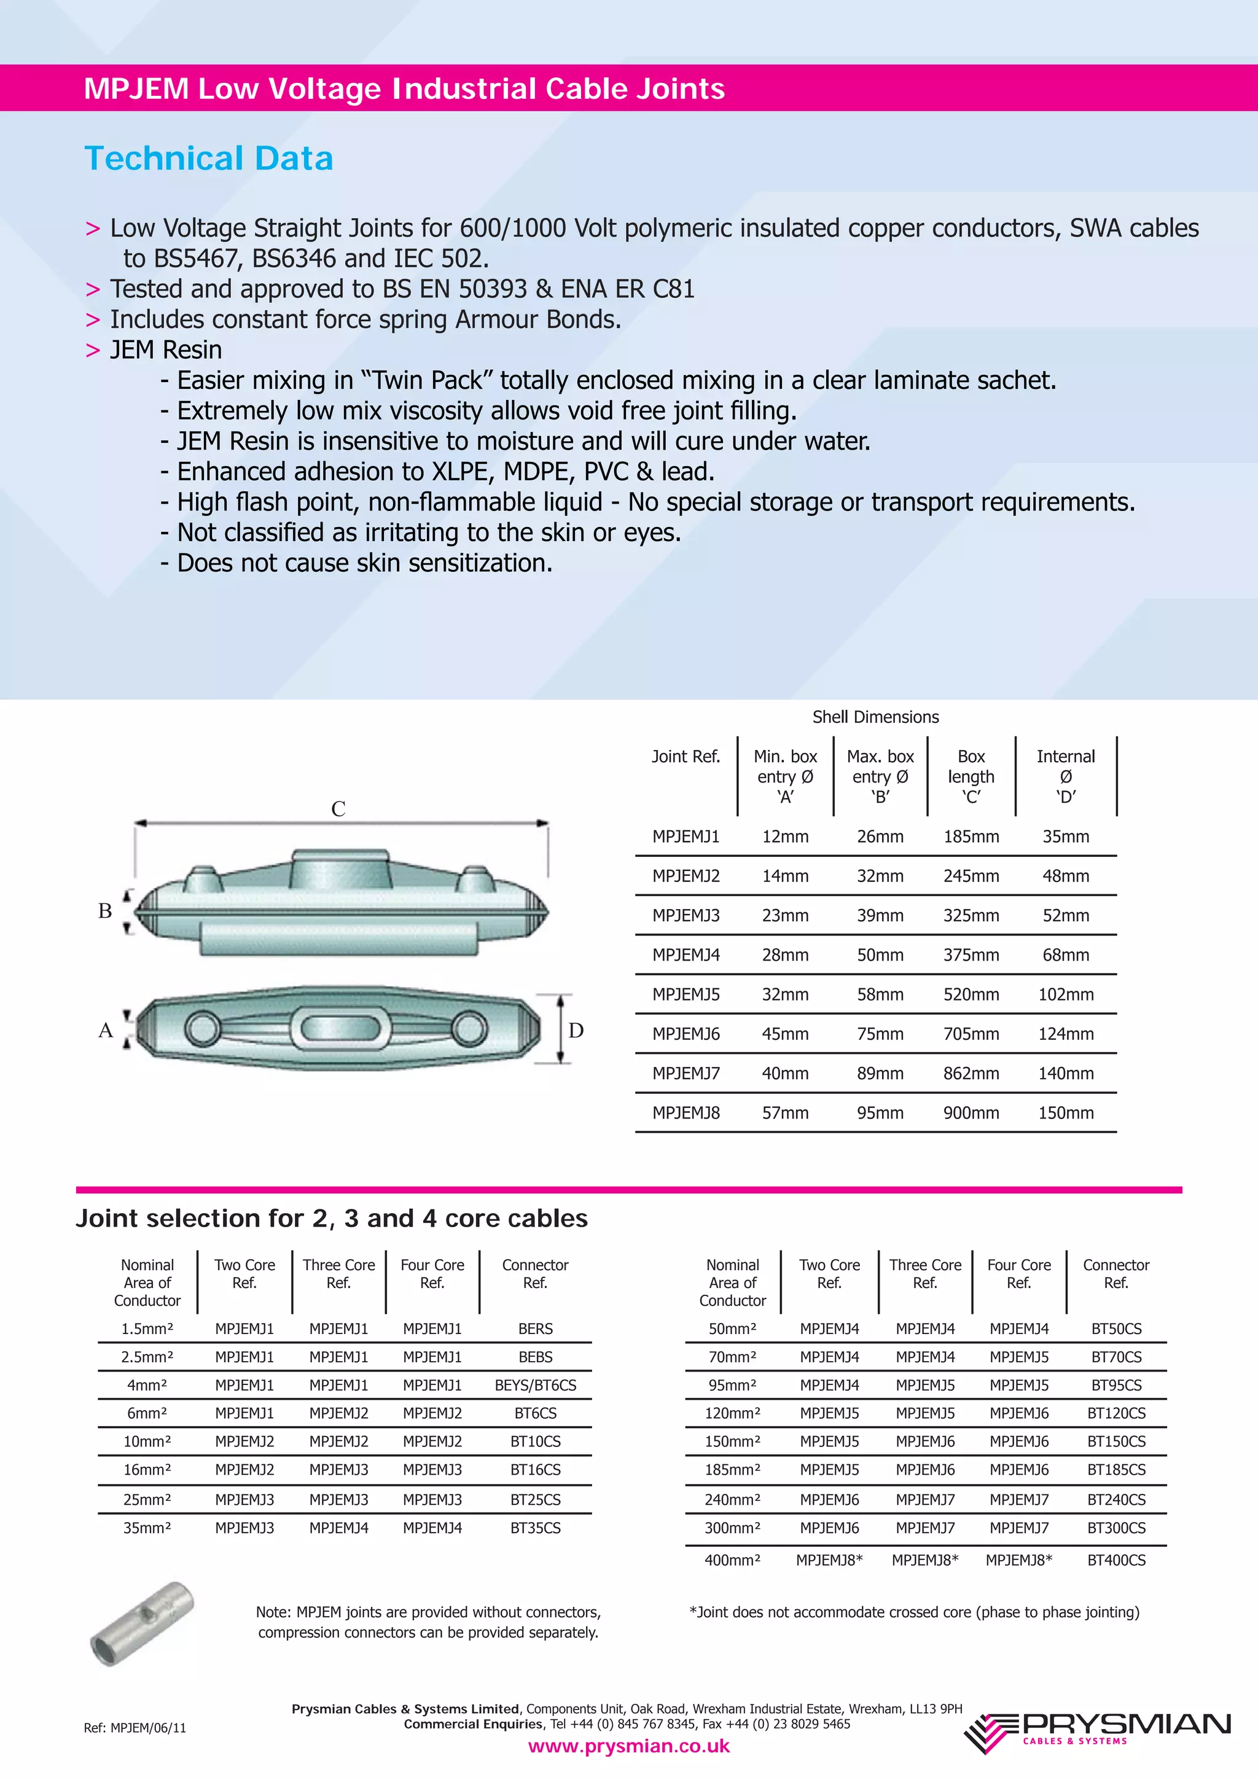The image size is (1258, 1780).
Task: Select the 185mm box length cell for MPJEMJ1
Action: tap(971, 837)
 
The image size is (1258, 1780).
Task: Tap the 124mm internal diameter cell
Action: tap(1066, 1034)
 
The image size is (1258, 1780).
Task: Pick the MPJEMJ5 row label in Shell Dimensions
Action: tap(686, 994)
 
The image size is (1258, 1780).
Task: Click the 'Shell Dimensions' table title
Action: tap(875, 717)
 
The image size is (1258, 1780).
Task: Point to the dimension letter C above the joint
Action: tap(338, 808)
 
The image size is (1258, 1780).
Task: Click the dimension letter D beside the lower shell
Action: tap(576, 1030)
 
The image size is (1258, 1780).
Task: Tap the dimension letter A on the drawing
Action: tap(106, 1030)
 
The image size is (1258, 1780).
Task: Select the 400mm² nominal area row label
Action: tap(732, 1560)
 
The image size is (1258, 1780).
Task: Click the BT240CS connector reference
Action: tap(1115, 1499)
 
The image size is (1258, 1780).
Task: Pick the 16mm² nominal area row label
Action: tap(147, 1469)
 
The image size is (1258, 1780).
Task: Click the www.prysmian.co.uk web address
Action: tap(628, 1746)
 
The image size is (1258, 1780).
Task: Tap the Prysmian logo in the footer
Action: tap(1097, 1733)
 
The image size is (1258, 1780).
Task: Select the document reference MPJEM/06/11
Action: tap(135, 1727)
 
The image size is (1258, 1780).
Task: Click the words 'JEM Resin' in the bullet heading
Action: tap(166, 349)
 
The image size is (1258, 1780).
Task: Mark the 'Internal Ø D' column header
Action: tap(1066, 776)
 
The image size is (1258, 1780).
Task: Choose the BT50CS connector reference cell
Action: tap(1115, 1328)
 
